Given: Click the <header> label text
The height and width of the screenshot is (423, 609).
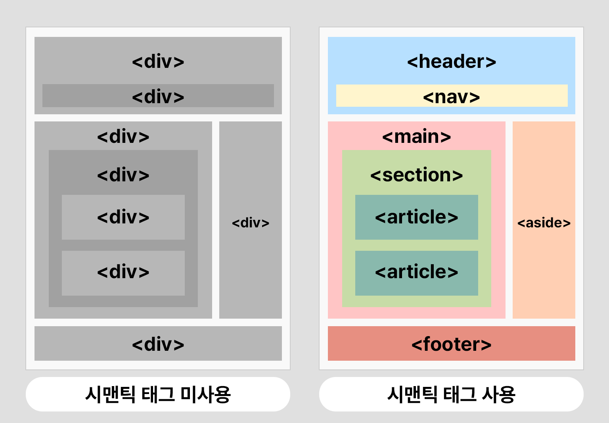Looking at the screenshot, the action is [451, 62].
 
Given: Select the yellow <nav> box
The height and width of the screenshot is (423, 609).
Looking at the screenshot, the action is [452, 96].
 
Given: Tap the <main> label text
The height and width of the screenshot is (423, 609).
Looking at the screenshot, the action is [416, 137].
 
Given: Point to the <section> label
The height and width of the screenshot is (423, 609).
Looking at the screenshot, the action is [416, 175].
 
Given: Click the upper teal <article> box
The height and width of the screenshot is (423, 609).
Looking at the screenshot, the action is [416, 217].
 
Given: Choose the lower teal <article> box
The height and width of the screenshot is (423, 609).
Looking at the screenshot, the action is [416, 273].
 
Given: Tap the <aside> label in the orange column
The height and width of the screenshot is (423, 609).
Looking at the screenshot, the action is [544, 223].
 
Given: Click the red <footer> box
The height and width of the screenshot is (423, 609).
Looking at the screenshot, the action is [451, 344].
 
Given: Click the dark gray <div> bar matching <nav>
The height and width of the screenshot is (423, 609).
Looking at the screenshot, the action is [158, 96].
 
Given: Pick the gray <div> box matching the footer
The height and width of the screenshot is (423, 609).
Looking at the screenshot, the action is [158, 344].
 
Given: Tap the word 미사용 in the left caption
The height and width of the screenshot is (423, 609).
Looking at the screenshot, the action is [205, 394].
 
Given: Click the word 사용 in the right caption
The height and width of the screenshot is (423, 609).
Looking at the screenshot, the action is [498, 394].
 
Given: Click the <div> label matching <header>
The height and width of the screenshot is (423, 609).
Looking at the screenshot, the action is [158, 62].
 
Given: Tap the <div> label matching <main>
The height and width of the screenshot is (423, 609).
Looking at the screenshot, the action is [123, 137].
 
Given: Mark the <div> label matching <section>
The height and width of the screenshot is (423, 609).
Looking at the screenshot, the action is [123, 175].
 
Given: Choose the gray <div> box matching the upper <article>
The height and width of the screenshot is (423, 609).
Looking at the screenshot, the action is [123, 217].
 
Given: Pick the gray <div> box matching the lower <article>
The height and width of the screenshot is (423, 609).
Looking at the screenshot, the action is [123, 273].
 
